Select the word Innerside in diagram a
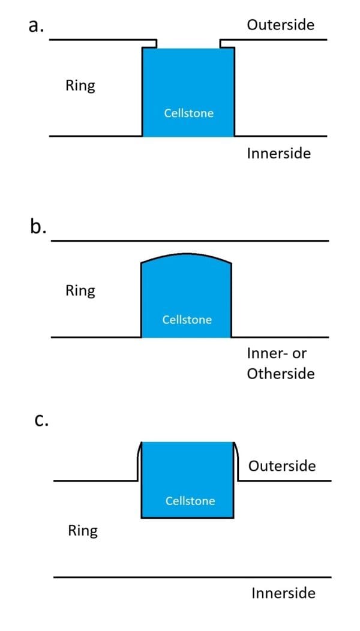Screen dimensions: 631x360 [278, 154]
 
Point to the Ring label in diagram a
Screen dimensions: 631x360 [80, 86]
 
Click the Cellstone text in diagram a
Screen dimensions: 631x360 [189, 113]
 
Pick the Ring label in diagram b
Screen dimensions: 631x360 [80, 291]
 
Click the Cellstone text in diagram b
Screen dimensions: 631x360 [187, 320]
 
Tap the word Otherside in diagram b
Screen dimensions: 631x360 [281, 374]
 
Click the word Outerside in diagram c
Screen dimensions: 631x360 [281, 465]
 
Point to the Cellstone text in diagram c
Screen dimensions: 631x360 [190, 501]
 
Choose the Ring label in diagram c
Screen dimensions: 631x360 [83, 531]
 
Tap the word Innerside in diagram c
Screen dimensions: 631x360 [283, 593]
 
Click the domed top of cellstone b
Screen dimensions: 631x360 [186, 257]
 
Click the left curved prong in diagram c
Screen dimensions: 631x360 [139, 461]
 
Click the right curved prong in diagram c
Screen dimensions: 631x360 [235, 461]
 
